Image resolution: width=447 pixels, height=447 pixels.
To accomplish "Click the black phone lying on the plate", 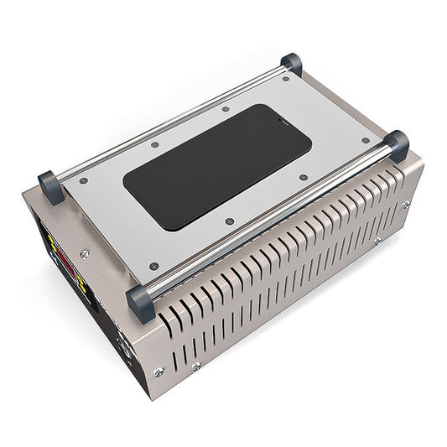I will (217, 166).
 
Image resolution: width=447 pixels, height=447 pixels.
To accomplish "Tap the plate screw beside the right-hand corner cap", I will (365, 141).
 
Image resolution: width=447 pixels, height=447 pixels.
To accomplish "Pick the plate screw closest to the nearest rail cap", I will (152, 268).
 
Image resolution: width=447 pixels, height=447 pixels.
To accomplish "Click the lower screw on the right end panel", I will (377, 241).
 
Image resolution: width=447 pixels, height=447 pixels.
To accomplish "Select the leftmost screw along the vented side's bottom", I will (158, 372).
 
